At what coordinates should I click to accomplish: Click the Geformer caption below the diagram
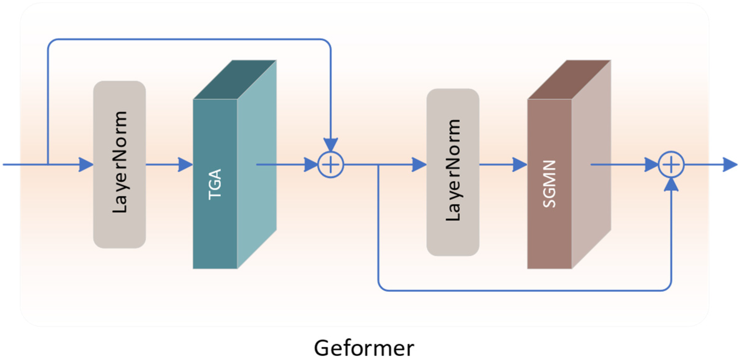364,348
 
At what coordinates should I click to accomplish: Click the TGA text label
215,185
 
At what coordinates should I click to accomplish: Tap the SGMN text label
549,184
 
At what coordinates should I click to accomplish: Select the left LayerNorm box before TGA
119,164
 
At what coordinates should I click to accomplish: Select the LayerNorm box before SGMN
453,172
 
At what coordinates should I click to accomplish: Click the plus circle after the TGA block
331,165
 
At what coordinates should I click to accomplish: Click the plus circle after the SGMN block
671,165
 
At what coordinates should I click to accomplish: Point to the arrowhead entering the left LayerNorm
86,165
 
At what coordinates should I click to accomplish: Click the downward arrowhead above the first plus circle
331,145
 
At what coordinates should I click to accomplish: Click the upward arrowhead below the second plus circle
671,185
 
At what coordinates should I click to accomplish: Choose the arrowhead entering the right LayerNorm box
419,165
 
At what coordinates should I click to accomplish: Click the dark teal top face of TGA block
235,80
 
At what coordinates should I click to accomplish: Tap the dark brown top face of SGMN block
569,80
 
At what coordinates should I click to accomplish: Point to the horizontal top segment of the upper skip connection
187,39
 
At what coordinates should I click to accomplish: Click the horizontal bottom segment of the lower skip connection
524,290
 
